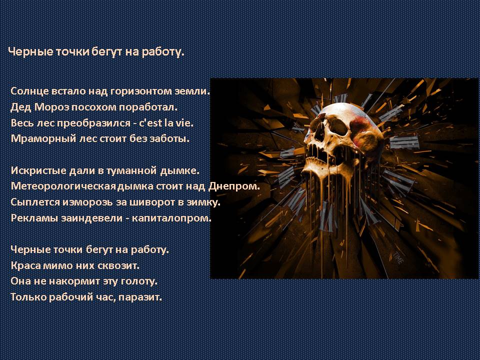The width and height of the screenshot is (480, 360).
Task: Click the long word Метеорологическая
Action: (63, 186)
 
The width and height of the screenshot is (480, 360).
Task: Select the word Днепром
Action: (233, 186)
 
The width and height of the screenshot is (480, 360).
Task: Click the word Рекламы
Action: (34, 218)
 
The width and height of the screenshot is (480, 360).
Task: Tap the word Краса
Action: (25, 265)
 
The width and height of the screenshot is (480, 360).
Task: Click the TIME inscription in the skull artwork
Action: (397, 257)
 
